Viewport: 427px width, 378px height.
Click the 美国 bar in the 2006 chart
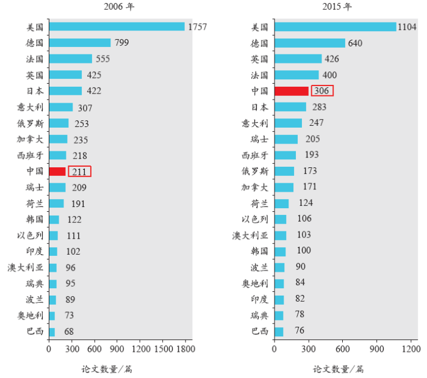(117, 27)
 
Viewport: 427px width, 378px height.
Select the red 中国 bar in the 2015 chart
(291, 91)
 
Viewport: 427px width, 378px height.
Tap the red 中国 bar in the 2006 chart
(57, 172)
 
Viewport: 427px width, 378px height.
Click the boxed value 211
(79, 172)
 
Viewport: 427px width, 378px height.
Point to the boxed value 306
(322, 91)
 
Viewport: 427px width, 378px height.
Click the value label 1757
(198, 27)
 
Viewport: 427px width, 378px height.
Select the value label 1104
(407, 27)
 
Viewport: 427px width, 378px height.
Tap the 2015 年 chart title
(336, 7)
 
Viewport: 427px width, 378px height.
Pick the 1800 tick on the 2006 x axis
(185, 349)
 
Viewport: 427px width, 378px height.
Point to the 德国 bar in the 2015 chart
(309, 43)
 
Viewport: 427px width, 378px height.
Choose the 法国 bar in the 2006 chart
(70, 59)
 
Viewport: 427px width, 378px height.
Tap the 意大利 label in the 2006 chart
(30, 107)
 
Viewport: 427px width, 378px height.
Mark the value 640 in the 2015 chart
(355, 43)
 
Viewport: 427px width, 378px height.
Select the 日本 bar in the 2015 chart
(290, 107)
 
